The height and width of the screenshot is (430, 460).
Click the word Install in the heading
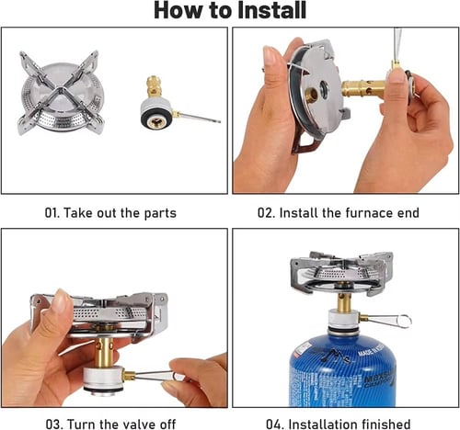[272, 10]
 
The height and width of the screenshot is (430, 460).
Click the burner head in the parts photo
[61, 93]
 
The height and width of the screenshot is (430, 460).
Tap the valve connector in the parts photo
[156, 104]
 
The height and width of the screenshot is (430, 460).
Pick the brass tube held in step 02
[364, 89]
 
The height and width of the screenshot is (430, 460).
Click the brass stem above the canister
[344, 301]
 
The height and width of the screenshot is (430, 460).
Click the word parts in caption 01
[160, 213]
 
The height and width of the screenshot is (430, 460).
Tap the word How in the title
[178, 10]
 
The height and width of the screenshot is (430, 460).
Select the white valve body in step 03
[103, 379]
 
